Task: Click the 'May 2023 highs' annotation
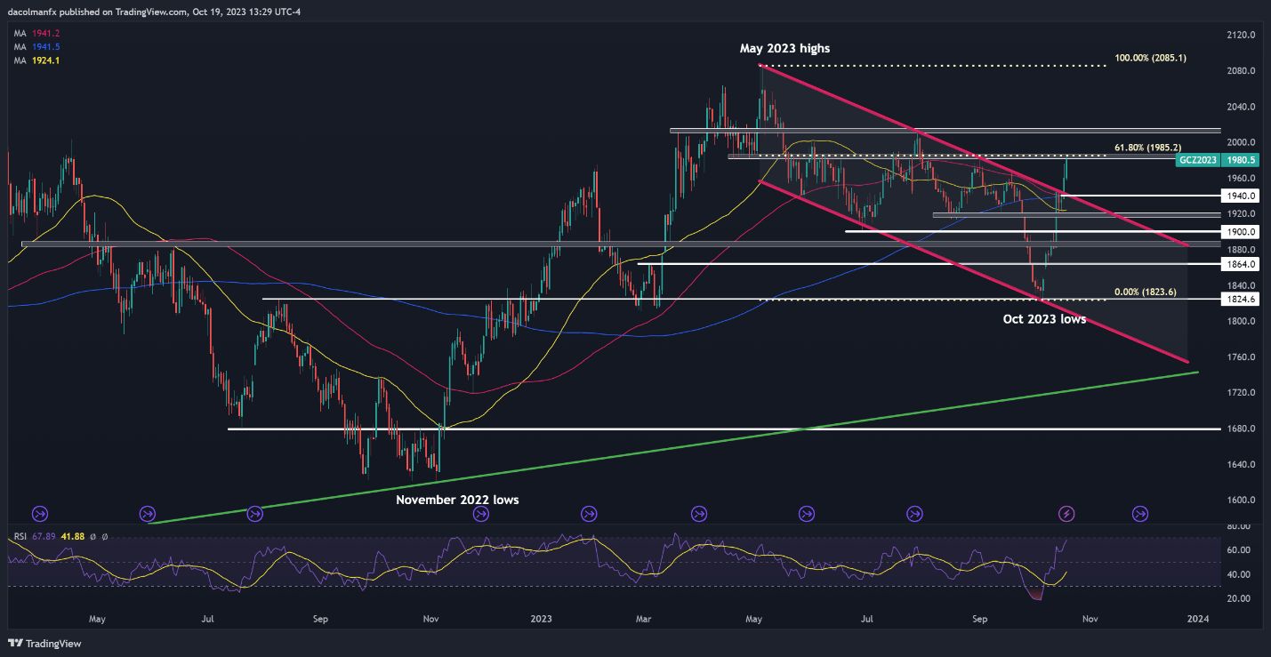(784, 49)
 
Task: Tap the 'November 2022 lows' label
(457, 501)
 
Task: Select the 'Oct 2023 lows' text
(1039, 318)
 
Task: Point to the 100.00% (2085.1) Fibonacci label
(1150, 59)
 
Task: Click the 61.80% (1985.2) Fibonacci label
(1147, 147)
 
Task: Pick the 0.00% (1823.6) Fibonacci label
(1149, 292)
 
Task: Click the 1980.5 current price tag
(1239, 161)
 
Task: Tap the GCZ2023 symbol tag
(1197, 161)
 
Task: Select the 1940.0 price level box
(1239, 196)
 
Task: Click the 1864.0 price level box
(1239, 264)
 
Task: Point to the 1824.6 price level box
(1239, 300)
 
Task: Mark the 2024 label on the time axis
(1197, 619)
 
